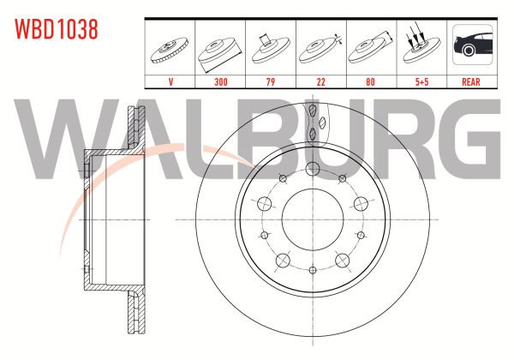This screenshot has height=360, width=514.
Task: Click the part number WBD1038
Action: (57, 29)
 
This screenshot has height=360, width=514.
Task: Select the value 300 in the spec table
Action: (221, 81)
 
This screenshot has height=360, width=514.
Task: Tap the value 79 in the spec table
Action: (271, 81)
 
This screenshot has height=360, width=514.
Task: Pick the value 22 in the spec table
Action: (321, 81)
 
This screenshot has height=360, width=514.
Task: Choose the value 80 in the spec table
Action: (370, 81)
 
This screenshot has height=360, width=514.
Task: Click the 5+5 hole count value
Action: (421, 81)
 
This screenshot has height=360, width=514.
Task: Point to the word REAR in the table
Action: (471, 81)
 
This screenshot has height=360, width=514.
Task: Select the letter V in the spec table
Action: (170, 81)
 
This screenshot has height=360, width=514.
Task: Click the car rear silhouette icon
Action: (472, 45)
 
